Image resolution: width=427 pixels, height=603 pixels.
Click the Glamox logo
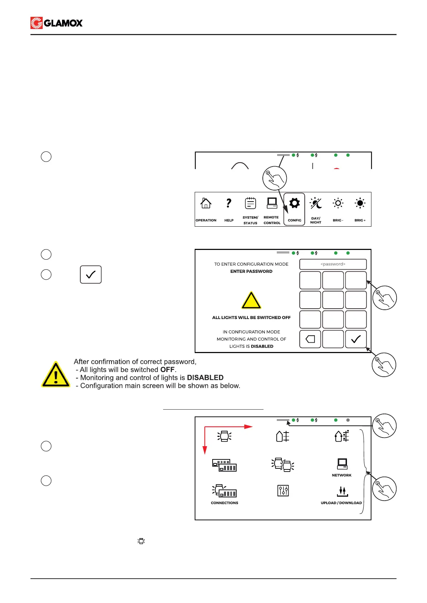click(x=57, y=23)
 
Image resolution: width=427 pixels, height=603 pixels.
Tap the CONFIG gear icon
click(x=294, y=203)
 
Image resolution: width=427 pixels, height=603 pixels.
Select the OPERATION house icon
click(x=206, y=203)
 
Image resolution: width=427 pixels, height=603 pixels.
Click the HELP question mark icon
click(x=229, y=203)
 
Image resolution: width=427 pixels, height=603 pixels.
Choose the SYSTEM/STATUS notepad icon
click(x=250, y=203)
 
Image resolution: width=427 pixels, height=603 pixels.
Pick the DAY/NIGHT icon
click(x=316, y=203)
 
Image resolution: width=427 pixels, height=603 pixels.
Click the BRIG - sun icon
click(x=338, y=203)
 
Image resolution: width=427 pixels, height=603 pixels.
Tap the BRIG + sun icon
click(x=360, y=203)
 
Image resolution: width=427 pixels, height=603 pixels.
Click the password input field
click(x=333, y=264)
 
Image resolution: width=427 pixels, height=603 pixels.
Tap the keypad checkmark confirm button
click(x=356, y=339)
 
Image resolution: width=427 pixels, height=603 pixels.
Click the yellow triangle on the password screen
click(x=251, y=300)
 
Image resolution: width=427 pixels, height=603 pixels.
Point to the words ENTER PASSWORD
click(x=251, y=271)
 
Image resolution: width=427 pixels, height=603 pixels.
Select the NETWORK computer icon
click(x=342, y=464)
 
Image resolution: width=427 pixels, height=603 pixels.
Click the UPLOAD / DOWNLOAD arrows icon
click(x=342, y=491)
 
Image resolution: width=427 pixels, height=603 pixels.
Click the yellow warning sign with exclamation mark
click(x=56, y=375)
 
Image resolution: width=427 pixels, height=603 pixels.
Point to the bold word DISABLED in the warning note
click(x=205, y=378)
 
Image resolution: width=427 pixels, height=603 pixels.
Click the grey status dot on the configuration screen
click(x=348, y=420)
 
